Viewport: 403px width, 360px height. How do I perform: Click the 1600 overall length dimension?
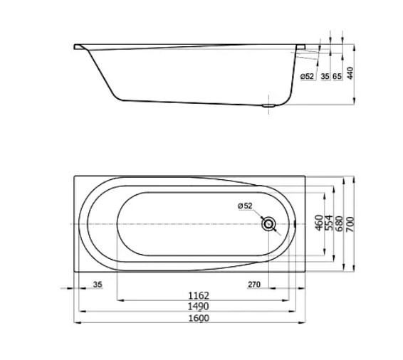point(199,318)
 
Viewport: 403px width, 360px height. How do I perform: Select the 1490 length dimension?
point(199,307)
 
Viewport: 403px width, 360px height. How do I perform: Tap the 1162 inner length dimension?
point(199,295)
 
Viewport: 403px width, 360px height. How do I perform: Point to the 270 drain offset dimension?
point(254,285)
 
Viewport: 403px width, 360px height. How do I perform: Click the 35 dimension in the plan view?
point(98,285)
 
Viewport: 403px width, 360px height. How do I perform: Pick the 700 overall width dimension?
point(350,224)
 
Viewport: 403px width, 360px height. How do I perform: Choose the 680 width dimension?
point(339,223)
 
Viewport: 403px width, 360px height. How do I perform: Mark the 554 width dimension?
point(329,223)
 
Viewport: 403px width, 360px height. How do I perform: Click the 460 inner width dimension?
point(319,223)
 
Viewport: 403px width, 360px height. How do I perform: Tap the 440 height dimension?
point(350,73)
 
